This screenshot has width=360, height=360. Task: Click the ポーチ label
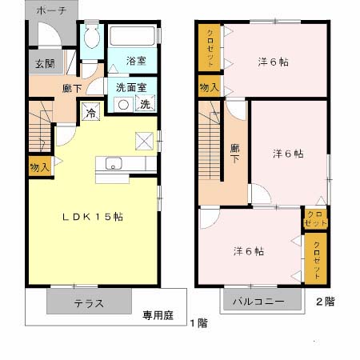(51, 10)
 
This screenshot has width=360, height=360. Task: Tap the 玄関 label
(42, 65)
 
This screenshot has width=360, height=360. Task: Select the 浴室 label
(136, 61)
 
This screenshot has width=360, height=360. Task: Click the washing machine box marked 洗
(146, 104)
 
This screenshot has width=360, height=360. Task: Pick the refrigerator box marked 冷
(91, 114)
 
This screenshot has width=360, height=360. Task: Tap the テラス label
(89, 303)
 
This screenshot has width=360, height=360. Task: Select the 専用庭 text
(158, 314)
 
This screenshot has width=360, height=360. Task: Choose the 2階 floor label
(324, 302)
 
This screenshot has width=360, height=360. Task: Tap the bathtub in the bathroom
(133, 36)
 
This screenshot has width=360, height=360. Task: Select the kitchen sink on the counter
(113, 166)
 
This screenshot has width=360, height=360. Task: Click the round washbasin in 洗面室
(125, 104)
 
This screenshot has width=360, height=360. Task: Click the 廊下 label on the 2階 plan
(235, 154)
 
